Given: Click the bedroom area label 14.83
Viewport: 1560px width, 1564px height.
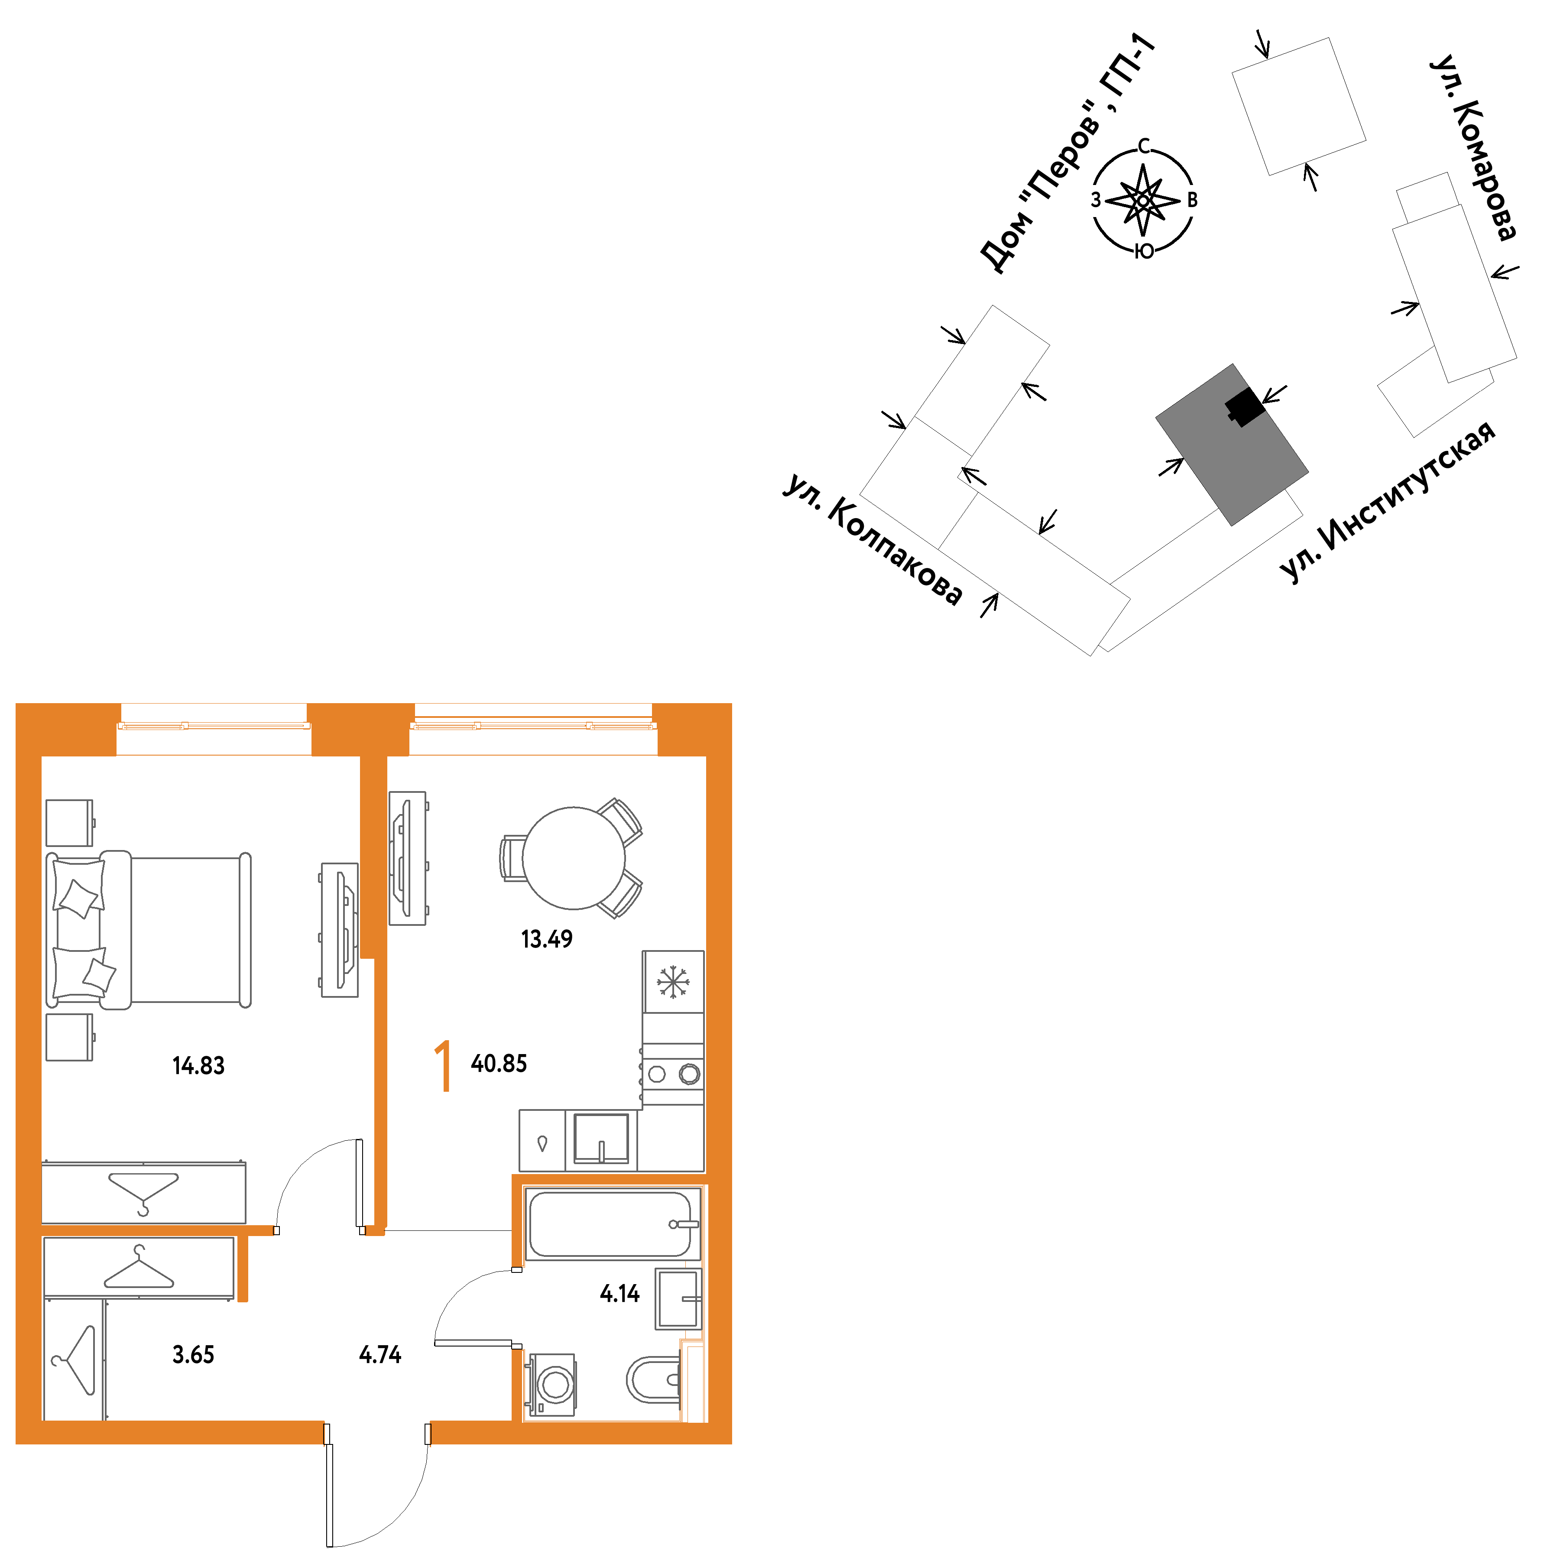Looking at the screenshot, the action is point(198,1065).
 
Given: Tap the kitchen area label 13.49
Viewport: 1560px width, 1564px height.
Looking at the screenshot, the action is point(546,939).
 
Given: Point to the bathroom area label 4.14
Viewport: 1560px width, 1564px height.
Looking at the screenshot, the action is point(619,1294).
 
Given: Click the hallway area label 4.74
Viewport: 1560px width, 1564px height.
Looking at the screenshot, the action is point(379,1354).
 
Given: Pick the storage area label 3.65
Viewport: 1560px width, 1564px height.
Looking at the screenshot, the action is point(194,1354).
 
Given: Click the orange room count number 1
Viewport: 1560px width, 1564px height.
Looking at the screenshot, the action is point(443,1066).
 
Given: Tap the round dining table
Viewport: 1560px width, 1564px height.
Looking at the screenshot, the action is point(573,858).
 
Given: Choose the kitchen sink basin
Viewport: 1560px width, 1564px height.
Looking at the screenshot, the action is point(601,1138).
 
